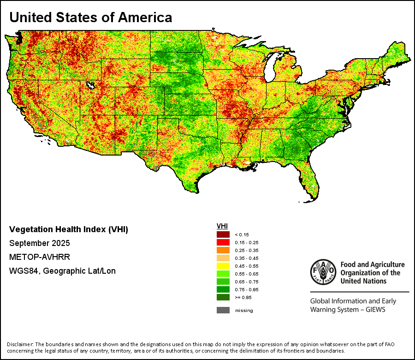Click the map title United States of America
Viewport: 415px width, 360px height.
click(x=91, y=18)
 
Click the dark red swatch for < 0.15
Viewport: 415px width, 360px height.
click(x=223, y=234)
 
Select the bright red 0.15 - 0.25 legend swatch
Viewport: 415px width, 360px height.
click(x=223, y=242)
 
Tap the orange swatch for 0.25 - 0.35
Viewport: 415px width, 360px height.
click(x=223, y=250)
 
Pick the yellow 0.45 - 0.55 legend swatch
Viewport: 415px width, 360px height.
click(x=223, y=266)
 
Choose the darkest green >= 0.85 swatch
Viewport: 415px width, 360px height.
click(x=223, y=297)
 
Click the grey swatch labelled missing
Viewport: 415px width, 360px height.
click(x=223, y=310)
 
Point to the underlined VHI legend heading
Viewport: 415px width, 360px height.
click(x=222, y=226)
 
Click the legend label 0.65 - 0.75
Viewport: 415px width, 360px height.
click(x=244, y=282)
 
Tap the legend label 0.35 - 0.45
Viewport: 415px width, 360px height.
click(x=244, y=258)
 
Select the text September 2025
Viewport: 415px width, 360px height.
click(x=40, y=243)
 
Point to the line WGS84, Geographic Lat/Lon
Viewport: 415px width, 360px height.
click(x=62, y=271)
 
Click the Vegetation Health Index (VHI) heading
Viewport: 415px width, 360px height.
click(x=69, y=229)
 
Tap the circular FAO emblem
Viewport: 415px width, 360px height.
click(x=322, y=271)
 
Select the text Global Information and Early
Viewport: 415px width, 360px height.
click(x=353, y=301)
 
